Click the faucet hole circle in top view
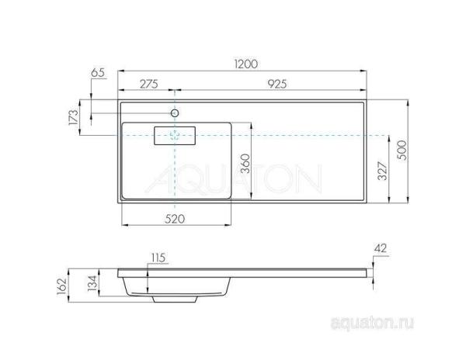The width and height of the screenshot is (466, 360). (x=176, y=114)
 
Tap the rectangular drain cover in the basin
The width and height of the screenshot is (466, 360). (x=176, y=136)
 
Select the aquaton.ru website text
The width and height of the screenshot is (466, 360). (x=366, y=320)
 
